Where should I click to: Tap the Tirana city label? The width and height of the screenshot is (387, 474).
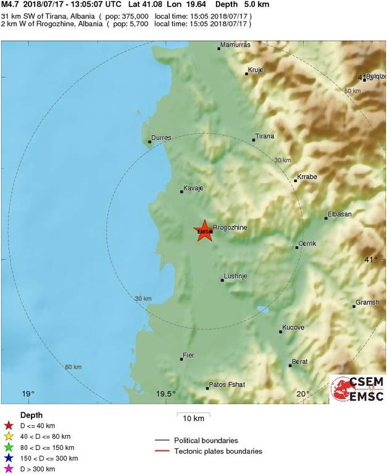tap(265, 136)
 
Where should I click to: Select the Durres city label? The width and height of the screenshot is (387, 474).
tap(160, 138)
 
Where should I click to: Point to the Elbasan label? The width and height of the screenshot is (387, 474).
tap(339, 214)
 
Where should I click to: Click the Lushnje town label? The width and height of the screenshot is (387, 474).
tap(235, 276)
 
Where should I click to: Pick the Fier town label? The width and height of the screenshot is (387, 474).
tap(189, 355)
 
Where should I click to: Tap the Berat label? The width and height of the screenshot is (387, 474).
tap(300, 362)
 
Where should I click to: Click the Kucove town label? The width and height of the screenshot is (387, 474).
tap(293, 328)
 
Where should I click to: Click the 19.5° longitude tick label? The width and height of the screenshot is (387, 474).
tap(165, 394)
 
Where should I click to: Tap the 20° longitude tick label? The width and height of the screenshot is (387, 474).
tap(302, 394)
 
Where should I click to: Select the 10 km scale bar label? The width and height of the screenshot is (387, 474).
tap(194, 418)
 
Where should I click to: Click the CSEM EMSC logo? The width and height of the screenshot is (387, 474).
tap(357, 389)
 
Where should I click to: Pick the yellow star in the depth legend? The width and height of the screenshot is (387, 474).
tap(9, 436)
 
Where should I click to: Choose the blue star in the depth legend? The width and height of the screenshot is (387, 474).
tap(9, 459)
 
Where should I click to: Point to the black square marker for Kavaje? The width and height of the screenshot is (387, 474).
tap(181, 191)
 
